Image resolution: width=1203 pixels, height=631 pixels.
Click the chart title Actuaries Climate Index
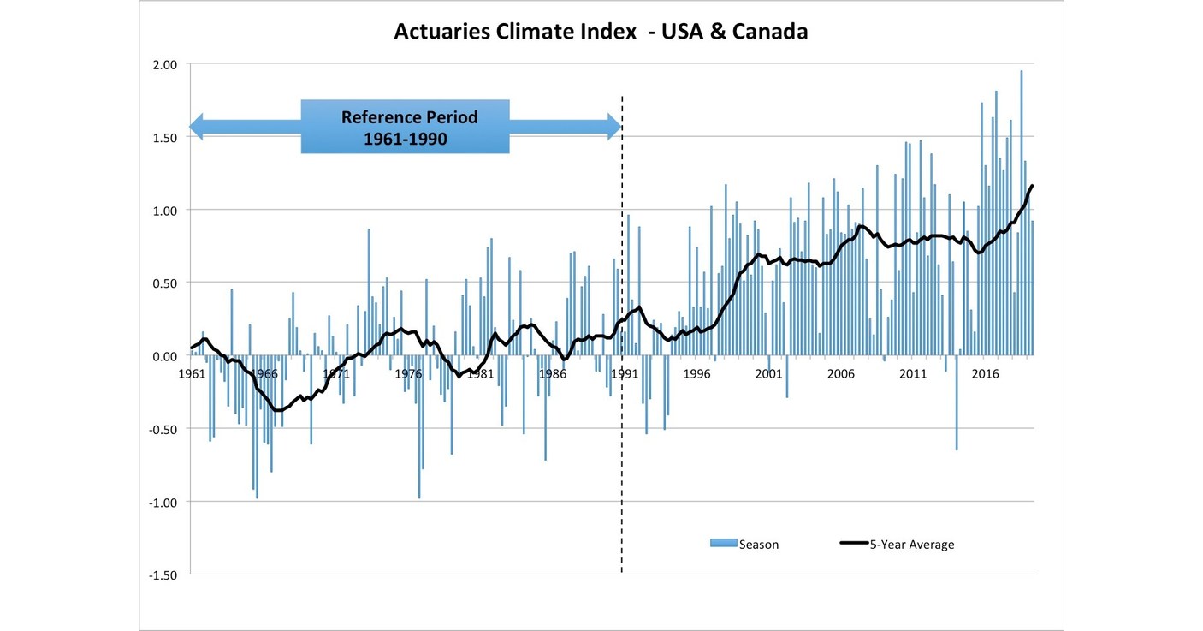tap(601, 32)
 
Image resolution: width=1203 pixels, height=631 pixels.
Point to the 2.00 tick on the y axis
tap(164, 64)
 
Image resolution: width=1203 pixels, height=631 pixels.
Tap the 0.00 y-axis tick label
tap(164, 356)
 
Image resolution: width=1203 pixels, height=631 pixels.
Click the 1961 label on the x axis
tap(192, 374)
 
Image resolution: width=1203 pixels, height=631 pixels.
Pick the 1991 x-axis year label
tap(625, 374)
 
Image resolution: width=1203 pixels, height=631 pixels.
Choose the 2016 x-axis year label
tap(986, 374)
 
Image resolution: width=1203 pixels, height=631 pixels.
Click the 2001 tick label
tap(769, 374)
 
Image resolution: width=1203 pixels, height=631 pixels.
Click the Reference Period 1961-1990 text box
tap(406, 127)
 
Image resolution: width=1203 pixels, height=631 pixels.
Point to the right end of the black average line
tap(1033, 186)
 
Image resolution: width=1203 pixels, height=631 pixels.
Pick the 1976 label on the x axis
tap(409, 374)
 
